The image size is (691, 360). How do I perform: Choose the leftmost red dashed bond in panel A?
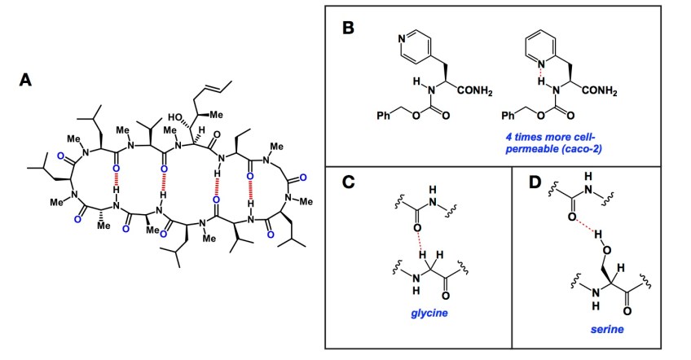click(x=119, y=176)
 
